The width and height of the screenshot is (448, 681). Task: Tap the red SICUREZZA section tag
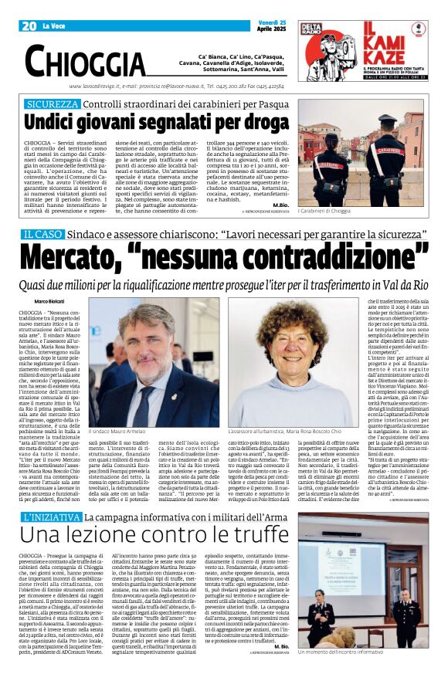tap(52, 103)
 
